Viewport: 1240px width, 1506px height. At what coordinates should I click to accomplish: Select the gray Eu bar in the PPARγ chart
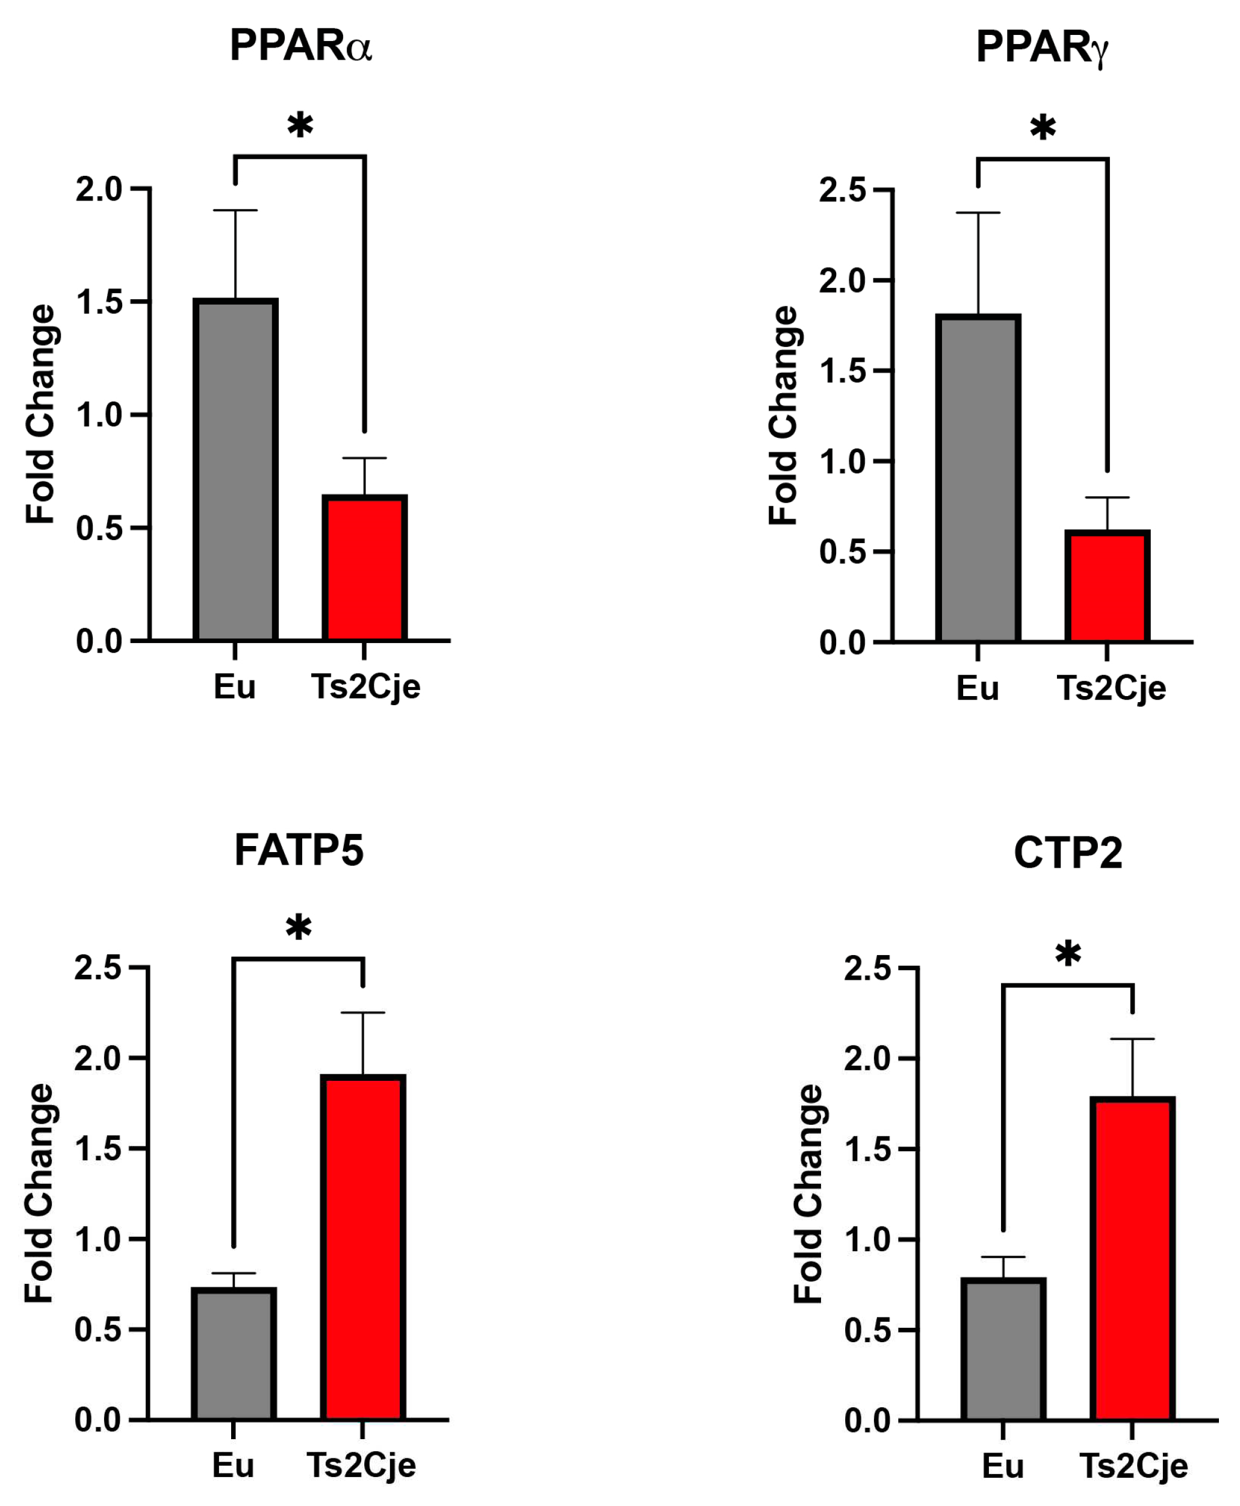978,479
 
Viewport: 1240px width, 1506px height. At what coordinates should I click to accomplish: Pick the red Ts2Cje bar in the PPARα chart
364,567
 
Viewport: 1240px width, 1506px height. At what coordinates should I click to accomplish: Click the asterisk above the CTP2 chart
1068,954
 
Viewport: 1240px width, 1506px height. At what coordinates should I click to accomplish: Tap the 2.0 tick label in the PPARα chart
99,189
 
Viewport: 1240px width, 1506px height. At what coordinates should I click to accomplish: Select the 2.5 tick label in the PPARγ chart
842,190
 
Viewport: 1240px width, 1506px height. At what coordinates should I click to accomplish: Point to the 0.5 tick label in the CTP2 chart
868,1330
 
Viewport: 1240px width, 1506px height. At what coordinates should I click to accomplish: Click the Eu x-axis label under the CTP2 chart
1003,1467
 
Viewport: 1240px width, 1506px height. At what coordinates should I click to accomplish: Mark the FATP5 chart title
299,850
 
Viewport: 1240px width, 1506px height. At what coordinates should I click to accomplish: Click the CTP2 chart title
1068,852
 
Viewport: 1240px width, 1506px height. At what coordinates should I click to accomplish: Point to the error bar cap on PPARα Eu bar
235,211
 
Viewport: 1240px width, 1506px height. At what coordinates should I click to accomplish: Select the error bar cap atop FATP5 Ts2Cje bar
363,1012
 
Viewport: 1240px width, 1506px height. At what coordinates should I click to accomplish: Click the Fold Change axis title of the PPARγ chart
783,416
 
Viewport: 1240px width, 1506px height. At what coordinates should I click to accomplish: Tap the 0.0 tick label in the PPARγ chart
842,643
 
